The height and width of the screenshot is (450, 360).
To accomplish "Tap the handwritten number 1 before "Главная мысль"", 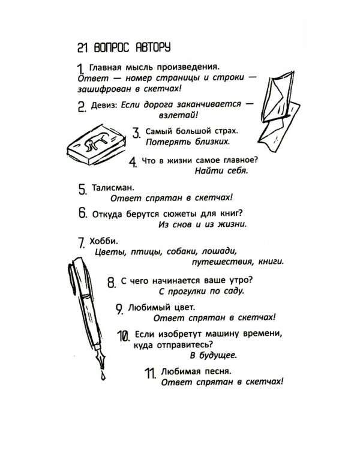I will [82, 71].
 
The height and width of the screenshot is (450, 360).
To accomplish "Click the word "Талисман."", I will [109, 188].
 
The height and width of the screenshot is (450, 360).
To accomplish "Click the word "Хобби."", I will [101, 242].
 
